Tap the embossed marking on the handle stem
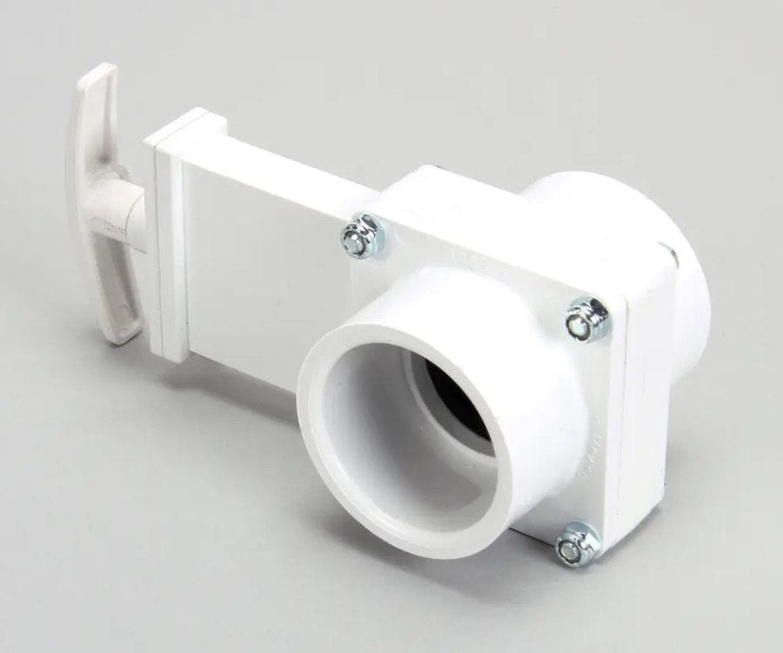(x=111, y=228)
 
